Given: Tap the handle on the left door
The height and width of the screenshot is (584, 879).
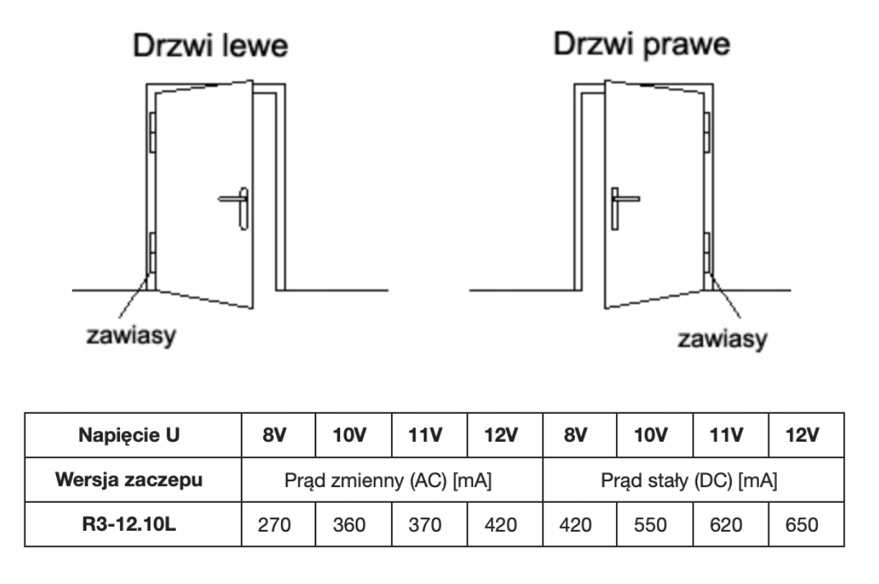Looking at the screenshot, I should pos(236,205).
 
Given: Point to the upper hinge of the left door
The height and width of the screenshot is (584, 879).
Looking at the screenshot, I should pos(152,132).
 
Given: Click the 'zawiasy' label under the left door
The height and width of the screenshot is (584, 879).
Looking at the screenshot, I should pos(132,335).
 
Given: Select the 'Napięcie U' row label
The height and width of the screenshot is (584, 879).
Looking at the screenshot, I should pos(133,435).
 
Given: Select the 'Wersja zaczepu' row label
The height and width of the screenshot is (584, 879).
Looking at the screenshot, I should pos(133,480).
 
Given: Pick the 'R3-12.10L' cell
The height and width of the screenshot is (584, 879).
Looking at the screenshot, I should pos(133,524).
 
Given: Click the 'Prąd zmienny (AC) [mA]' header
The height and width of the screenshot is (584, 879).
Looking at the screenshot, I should pos(392,480).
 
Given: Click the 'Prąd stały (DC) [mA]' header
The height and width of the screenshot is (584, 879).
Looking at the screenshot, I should pos(693,480).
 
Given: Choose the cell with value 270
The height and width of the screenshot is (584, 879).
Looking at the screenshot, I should pos(277,525).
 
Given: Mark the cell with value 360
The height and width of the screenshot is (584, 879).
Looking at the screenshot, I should pos(353,525).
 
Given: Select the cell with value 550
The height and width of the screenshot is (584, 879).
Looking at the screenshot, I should pos(654,525).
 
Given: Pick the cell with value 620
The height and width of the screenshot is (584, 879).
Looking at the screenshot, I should pos(730,525).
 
